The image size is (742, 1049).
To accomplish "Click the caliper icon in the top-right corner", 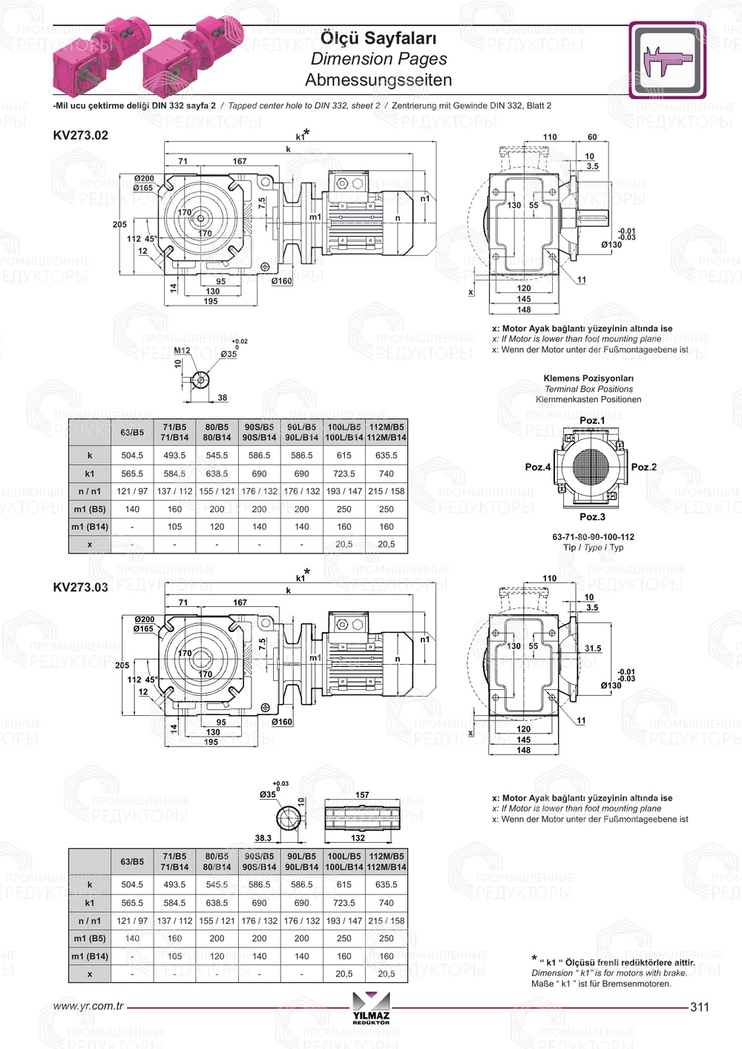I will (x=667, y=60).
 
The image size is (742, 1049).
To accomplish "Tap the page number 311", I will (x=699, y=1007).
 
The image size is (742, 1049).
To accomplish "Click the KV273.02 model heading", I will (x=80, y=135).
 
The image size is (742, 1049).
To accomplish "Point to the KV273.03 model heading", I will (x=80, y=587).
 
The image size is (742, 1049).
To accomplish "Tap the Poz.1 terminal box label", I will (x=591, y=421).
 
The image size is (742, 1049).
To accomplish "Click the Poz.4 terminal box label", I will (x=537, y=467).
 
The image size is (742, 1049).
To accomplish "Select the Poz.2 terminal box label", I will (x=643, y=467).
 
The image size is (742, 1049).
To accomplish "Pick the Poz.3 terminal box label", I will (x=591, y=517).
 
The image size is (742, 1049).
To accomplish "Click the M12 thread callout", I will (x=182, y=351).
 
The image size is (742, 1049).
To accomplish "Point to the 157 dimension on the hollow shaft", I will (x=362, y=795).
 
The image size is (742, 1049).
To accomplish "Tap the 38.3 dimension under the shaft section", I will (x=263, y=838).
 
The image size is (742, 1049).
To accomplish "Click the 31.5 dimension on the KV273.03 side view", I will (x=592, y=648).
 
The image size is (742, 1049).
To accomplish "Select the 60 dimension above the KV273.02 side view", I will (x=592, y=137).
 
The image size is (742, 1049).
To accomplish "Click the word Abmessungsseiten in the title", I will (x=378, y=79).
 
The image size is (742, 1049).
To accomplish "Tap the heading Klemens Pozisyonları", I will (x=588, y=378).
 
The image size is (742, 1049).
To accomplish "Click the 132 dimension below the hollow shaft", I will (x=358, y=838).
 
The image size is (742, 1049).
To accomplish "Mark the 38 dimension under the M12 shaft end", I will (x=222, y=398).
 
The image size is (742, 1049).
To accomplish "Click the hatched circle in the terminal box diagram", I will (x=591, y=467).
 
